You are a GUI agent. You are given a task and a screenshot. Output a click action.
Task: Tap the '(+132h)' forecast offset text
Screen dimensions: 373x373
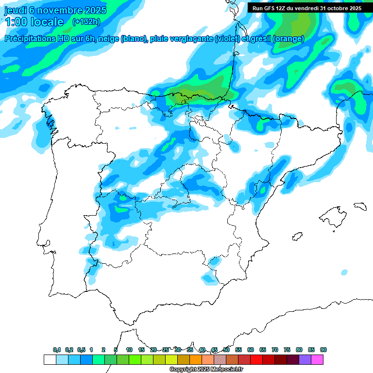[86, 21]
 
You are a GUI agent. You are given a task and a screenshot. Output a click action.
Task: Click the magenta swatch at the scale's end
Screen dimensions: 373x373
[317, 359]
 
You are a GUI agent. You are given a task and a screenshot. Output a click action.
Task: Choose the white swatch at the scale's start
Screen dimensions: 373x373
[50, 359]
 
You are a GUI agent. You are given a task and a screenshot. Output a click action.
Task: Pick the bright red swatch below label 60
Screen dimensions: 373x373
[256, 359]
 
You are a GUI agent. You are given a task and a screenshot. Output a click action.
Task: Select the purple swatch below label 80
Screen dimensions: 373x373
[305, 359]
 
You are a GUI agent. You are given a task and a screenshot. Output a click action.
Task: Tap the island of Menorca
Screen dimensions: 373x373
[360, 206]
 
